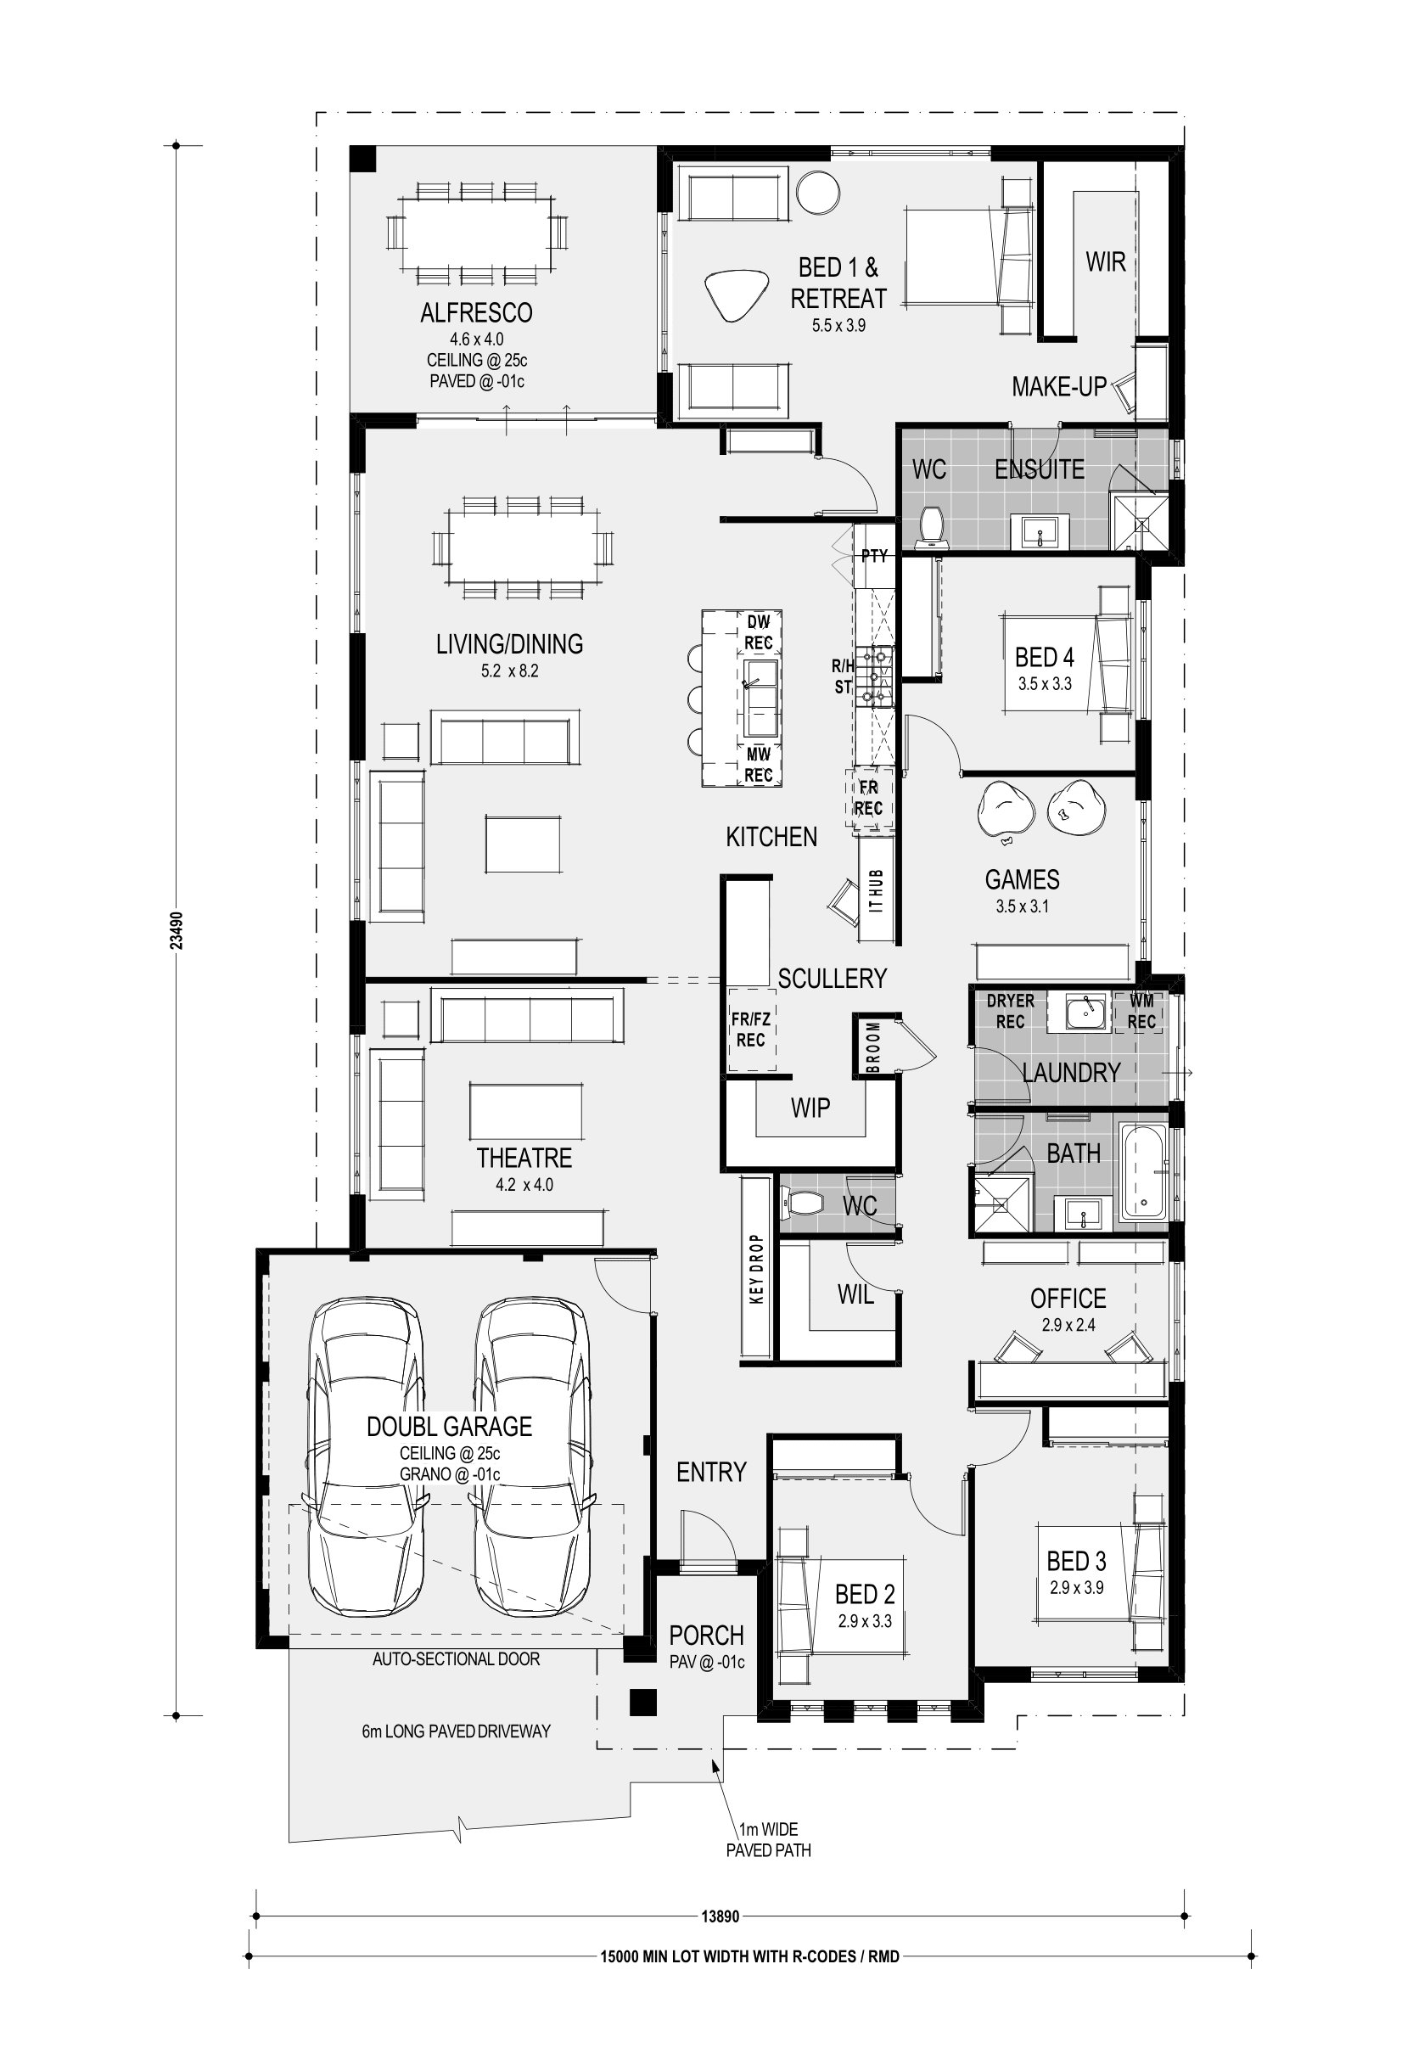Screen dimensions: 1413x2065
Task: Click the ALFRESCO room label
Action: tap(476, 313)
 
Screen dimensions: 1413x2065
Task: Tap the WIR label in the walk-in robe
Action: tap(1106, 262)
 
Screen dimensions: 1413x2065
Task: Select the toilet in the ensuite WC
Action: tap(932, 525)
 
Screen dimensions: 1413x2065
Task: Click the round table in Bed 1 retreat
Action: tap(817, 192)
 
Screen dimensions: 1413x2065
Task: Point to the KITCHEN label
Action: tap(771, 837)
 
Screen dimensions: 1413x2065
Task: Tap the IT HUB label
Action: tap(877, 891)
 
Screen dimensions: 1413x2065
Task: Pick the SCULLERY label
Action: tap(833, 979)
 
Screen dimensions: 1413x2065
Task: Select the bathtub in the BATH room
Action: tap(1144, 1172)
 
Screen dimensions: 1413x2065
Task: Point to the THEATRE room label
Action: tap(524, 1158)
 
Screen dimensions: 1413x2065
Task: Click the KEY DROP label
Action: tap(756, 1269)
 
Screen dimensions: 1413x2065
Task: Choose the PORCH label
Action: tap(706, 1635)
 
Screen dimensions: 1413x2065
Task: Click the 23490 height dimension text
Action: tap(176, 930)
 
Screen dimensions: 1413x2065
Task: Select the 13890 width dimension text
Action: tap(720, 1916)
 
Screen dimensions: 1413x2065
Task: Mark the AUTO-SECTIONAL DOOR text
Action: tap(456, 1659)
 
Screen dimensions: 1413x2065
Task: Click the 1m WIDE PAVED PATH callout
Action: tap(769, 1840)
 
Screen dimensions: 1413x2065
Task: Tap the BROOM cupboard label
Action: tap(873, 1047)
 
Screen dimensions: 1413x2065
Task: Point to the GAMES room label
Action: tap(1022, 879)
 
